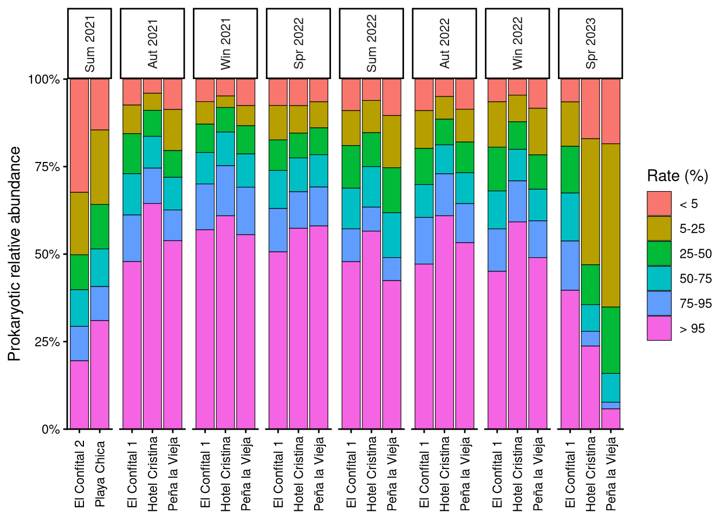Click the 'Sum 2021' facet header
coord(90,43)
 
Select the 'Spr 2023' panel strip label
coord(590,43)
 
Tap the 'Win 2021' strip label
coord(225,43)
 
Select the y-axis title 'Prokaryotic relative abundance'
coord(15,253)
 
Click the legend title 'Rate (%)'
coord(677,176)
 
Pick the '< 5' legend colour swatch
coord(659,204)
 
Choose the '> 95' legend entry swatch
coord(659,328)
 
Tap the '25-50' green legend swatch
coord(659,253)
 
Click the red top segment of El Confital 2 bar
coord(80,135)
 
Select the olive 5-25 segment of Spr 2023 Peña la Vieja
coord(611,225)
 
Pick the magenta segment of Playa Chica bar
coord(100,374)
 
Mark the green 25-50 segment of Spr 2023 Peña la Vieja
coord(611,340)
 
